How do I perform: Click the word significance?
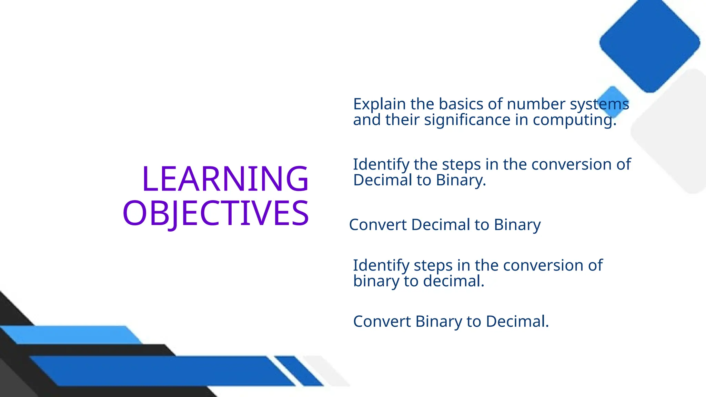point(467,120)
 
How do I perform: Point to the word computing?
point(574,120)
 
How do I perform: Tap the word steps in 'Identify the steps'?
point(461,164)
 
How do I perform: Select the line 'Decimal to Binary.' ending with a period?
point(420,180)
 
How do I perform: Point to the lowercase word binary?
point(376,281)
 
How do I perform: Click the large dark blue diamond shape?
point(649,43)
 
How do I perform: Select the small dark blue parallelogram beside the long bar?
point(299,371)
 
